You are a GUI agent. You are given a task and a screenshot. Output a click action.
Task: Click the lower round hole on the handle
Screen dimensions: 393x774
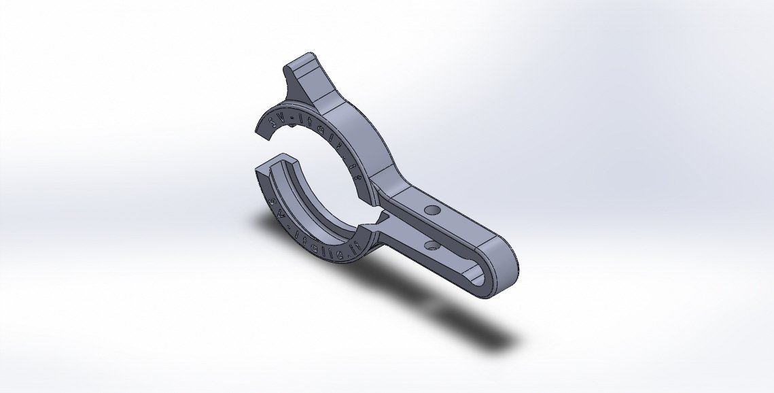pyautogui.click(x=431, y=243)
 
